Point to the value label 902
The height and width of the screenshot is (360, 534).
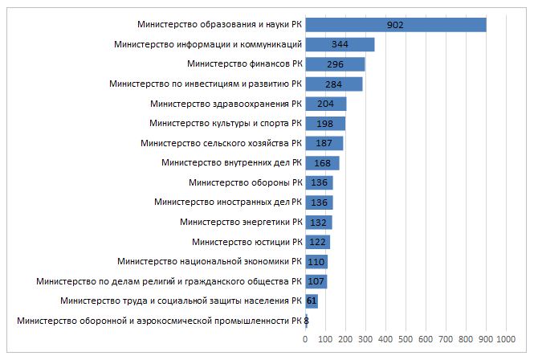point(394,25)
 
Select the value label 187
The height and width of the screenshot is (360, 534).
point(323,143)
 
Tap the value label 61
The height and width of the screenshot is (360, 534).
point(312,301)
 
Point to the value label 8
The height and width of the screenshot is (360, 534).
point(307,321)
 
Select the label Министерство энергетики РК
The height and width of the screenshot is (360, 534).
point(240,222)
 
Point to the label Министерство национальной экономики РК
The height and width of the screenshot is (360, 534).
point(209,261)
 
